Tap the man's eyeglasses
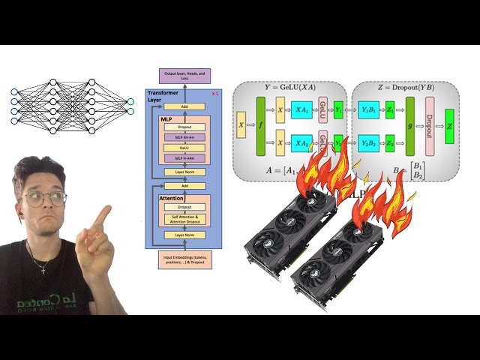tap(43, 198)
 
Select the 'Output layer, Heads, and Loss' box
tap(184, 76)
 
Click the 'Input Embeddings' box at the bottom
tap(184, 259)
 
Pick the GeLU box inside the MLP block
tap(184, 148)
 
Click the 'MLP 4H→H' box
tap(184, 137)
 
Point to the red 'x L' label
tap(216, 92)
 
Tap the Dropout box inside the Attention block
tap(184, 207)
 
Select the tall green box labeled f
tap(261, 127)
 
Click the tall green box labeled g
tap(409, 126)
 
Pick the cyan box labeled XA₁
tap(301, 109)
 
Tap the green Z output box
tap(448, 126)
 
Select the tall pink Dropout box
tap(430, 126)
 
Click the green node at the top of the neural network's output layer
tap(130, 101)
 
